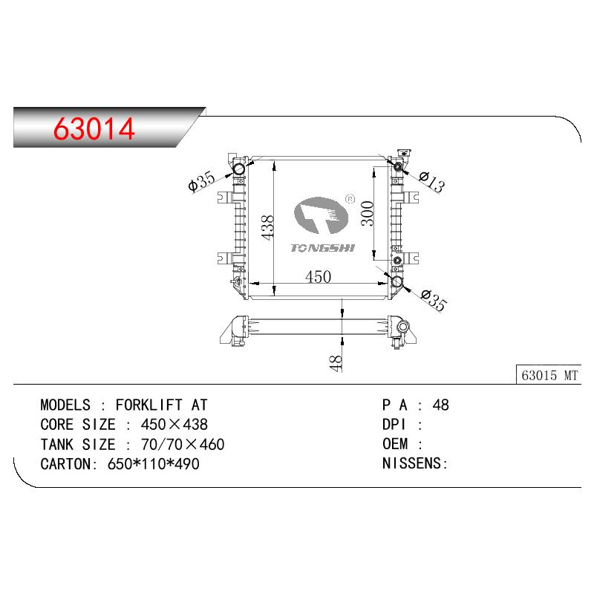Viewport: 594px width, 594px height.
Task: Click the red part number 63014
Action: tap(94, 128)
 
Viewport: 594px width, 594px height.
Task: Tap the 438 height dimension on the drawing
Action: tap(268, 227)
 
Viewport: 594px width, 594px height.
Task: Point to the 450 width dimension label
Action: tap(319, 277)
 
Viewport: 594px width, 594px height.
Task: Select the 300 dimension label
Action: tap(368, 213)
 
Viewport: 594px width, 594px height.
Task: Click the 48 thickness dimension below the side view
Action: tap(336, 363)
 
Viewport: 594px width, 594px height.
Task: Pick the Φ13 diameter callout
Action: tap(432, 182)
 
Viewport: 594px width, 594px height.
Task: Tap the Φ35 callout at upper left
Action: tap(201, 180)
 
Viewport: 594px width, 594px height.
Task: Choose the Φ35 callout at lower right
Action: tap(434, 301)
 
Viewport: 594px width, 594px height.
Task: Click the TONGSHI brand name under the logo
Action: tap(322, 248)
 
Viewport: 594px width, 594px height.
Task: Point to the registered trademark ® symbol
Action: tap(350, 199)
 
